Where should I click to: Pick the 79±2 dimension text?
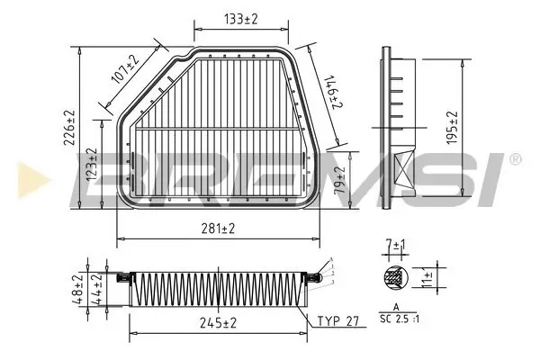coord(339,182)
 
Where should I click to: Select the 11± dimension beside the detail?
coord(429,278)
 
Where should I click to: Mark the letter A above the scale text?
coord(395,310)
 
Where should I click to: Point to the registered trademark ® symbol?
coord(514,159)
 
